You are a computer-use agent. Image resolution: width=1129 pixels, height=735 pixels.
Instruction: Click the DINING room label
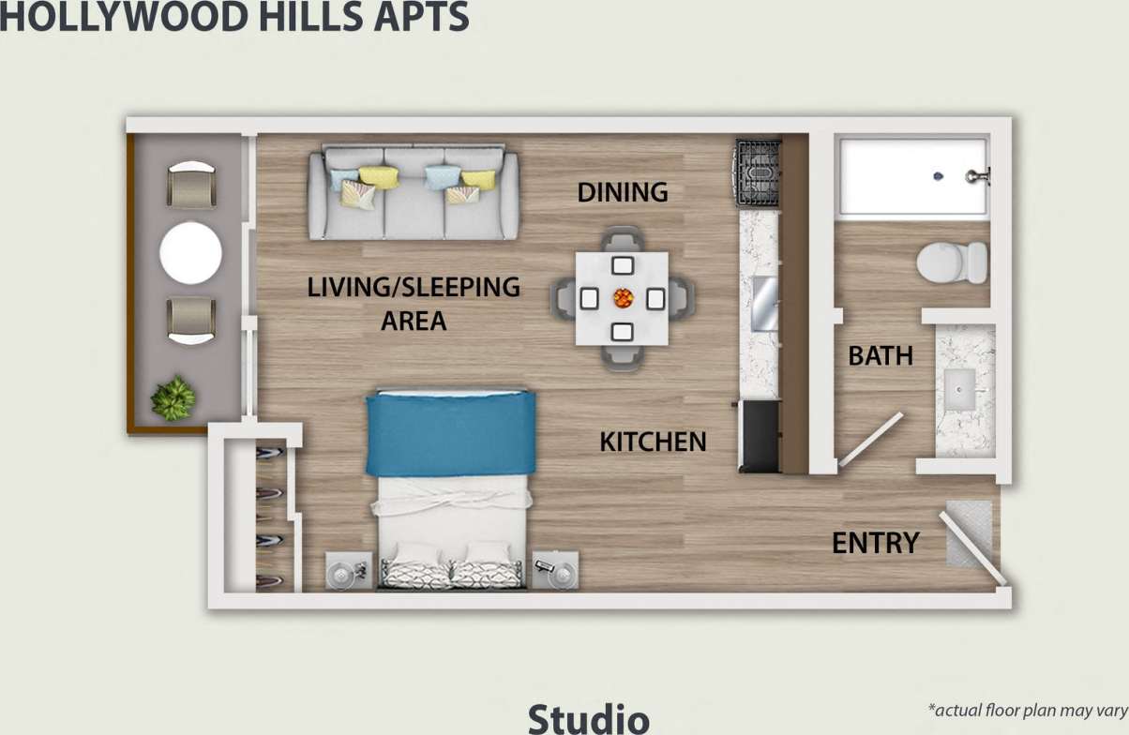(623, 192)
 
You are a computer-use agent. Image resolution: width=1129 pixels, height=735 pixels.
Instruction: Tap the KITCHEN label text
(653, 442)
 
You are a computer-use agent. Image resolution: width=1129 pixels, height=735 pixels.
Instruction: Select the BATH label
(880, 356)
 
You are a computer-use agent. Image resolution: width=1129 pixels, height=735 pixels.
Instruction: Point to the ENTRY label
(875, 543)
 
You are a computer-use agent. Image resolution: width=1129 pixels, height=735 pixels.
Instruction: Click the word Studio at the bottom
(588, 718)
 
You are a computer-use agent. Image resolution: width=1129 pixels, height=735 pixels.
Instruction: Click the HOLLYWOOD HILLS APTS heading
(234, 17)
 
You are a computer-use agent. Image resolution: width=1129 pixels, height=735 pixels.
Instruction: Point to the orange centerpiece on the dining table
(623, 299)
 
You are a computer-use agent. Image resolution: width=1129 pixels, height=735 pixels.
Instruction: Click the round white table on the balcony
(191, 253)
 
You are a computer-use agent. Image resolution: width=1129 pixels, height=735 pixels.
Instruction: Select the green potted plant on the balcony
(174, 398)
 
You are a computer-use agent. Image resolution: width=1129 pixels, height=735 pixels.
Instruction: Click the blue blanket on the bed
(450, 433)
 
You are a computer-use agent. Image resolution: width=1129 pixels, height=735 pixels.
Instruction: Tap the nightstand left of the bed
(349, 570)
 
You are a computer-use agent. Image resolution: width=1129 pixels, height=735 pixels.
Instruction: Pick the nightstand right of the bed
(555, 570)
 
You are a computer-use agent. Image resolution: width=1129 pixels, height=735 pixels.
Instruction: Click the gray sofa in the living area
(414, 193)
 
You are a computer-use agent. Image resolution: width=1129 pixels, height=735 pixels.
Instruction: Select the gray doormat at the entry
(969, 532)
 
